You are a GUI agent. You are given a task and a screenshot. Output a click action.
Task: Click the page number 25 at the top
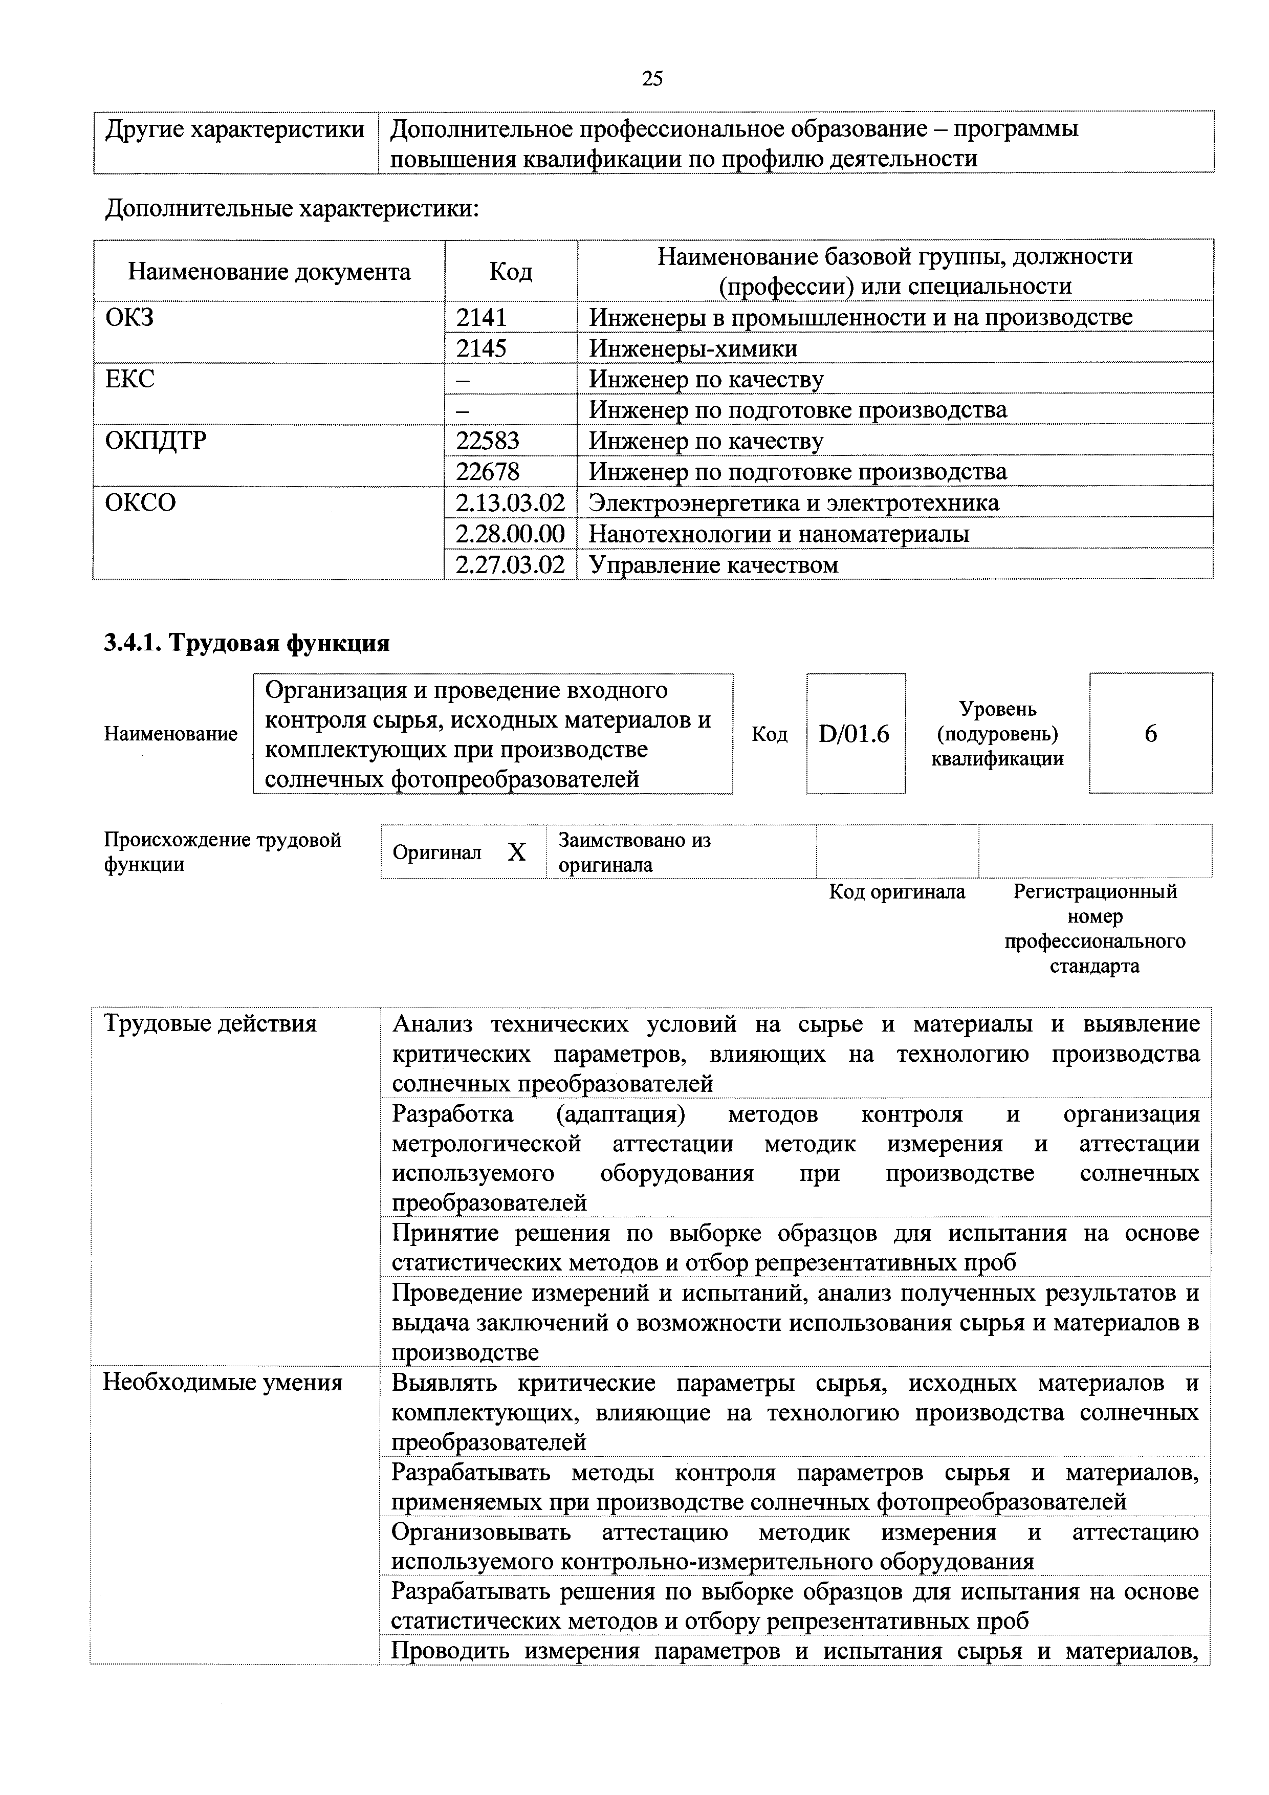pyautogui.click(x=651, y=78)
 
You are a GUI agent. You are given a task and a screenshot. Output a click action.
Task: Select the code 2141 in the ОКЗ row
pyautogui.click(x=482, y=317)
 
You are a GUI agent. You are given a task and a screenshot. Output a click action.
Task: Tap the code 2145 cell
pyautogui.click(x=482, y=348)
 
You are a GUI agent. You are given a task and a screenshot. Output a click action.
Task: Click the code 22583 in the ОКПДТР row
pyautogui.click(x=488, y=441)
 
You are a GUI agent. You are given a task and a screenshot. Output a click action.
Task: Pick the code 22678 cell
pyautogui.click(x=488, y=471)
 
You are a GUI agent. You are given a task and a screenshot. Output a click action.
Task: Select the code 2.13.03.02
pyautogui.click(x=510, y=502)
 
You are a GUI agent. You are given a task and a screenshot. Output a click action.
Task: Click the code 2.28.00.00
pyautogui.click(x=510, y=533)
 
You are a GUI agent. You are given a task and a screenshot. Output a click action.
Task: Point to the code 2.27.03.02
pyautogui.click(x=510, y=564)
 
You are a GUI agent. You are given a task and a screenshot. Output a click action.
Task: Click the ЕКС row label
pyautogui.click(x=130, y=379)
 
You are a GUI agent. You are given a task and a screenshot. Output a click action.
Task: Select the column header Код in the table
pyautogui.click(x=511, y=271)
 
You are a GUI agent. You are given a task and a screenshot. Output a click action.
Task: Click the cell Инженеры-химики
pyautogui.click(x=693, y=348)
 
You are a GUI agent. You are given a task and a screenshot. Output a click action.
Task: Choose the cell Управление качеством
pyautogui.click(x=713, y=564)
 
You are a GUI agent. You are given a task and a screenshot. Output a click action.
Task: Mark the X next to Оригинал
pyautogui.click(x=516, y=852)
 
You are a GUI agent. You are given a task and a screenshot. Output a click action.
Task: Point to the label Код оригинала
pyautogui.click(x=897, y=892)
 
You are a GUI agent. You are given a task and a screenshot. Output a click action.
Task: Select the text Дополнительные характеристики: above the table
pyautogui.click(x=292, y=209)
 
